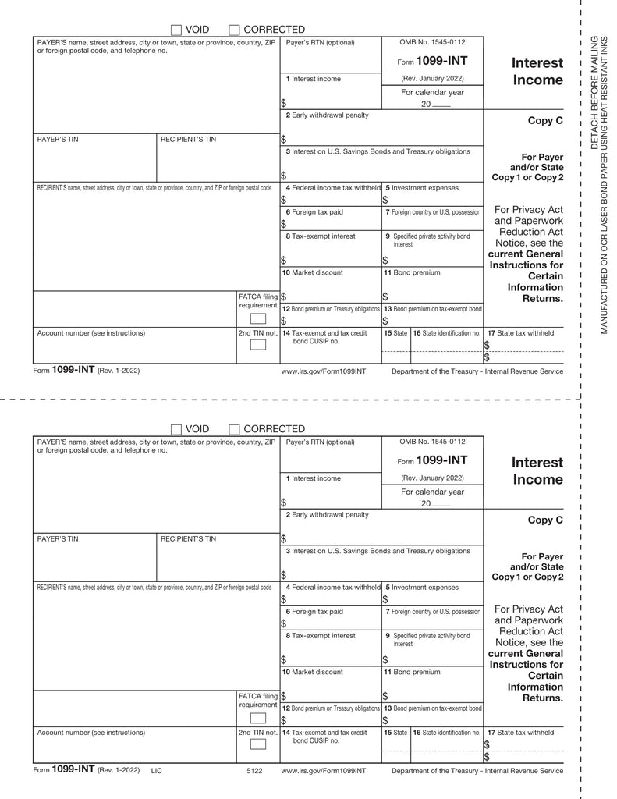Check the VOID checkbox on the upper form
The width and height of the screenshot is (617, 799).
click(x=176, y=30)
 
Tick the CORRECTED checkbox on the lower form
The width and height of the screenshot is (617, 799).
click(x=234, y=429)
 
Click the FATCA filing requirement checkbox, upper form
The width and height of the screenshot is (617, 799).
click(x=257, y=318)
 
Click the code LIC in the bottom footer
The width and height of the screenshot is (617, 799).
click(x=157, y=771)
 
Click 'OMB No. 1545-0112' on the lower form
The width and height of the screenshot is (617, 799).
click(x=432, y=442)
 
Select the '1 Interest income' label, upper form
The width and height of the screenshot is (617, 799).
click(x=313, y=79)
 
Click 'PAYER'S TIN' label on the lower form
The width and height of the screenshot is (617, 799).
click(x=58, y=538)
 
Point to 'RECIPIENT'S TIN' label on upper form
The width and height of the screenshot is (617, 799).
click(x=188, y=139)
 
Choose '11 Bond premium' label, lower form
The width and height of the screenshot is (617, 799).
click(x=412, y=672)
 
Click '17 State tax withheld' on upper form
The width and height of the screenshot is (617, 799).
click(x=520, y=333)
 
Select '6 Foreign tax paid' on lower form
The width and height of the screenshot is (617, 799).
click(x=314, y=611)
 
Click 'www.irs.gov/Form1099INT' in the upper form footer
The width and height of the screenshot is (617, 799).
click(x=324, y=371)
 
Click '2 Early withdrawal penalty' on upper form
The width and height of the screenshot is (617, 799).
click(x=327, y=115)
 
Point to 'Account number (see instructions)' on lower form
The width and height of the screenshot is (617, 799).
click(x=91, y=733)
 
